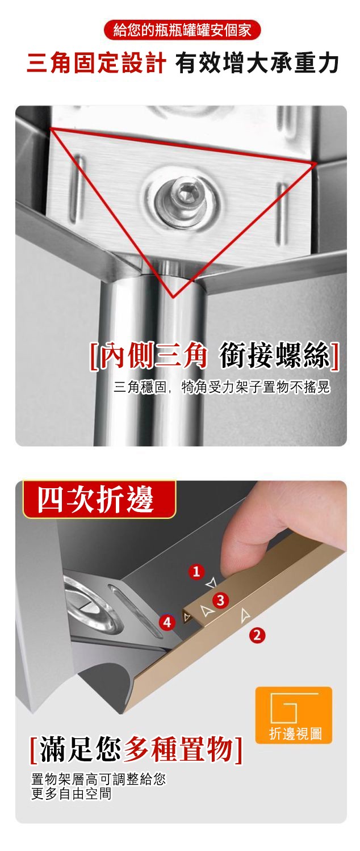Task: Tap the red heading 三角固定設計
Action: click(96, 63)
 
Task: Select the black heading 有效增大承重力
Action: click(257, 63)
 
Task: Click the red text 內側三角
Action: click(153, 356)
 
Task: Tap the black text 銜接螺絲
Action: click(274, 356)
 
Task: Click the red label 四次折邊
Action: click(95, 499)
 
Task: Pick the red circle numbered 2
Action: click(257, 635)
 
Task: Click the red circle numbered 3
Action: click(221, 600)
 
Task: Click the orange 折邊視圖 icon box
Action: click(294, 715)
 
